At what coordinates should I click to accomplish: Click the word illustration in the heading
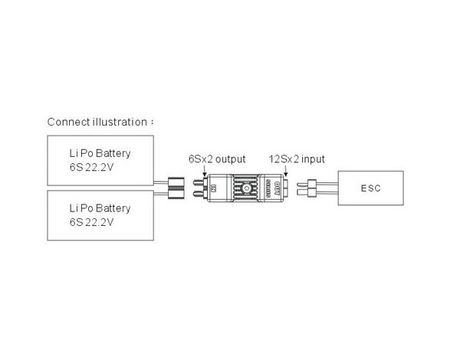coord(114,122)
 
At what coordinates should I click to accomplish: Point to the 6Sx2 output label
coord(216,159)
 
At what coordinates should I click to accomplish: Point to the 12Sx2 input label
coord(297,159)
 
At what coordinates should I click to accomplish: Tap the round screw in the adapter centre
coord(245,187)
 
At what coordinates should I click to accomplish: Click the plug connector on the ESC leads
coord(312,188)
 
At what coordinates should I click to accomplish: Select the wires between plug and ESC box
coord(334,188)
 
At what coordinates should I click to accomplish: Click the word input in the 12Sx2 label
coord(313,159)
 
